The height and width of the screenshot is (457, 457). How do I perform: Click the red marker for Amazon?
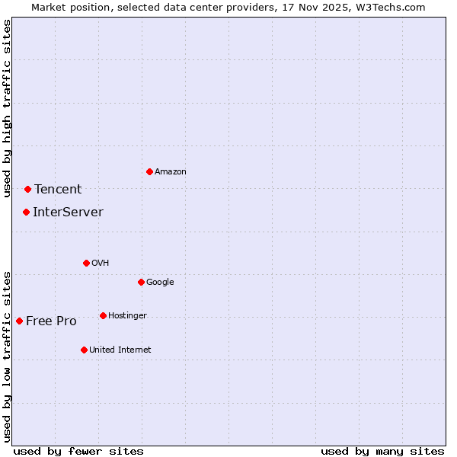pos(149,171)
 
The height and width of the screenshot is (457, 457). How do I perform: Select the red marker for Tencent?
pos(27,189)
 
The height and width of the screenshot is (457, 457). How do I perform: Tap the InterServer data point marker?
pos(26,212)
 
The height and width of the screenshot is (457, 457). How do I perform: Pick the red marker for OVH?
pos(86,263)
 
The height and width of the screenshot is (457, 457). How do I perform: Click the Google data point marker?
pos(141,282)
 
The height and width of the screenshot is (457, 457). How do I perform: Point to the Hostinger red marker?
pos(103,315)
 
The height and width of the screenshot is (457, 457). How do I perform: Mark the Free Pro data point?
pos(19,321)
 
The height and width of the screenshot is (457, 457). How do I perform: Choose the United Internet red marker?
pos(84,350)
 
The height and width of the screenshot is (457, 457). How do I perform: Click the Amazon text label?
pos(171,172)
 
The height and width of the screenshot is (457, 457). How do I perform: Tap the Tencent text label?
pos(58,190)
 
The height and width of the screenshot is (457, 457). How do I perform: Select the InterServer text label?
pos(68,213)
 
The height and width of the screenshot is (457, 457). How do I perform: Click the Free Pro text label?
pos(51,321)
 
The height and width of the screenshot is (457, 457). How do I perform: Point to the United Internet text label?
pos(120,350)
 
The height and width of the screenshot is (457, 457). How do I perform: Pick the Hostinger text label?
pos(127,316)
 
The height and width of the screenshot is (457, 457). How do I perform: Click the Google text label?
pos(160,283)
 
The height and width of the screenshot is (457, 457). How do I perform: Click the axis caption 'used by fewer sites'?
pos(78,451)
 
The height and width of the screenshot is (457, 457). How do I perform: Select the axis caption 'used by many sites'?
pos(382,451)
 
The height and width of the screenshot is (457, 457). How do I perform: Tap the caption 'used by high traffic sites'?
pos(7,108)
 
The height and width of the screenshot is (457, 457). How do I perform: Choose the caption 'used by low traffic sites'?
pos(7,356)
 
